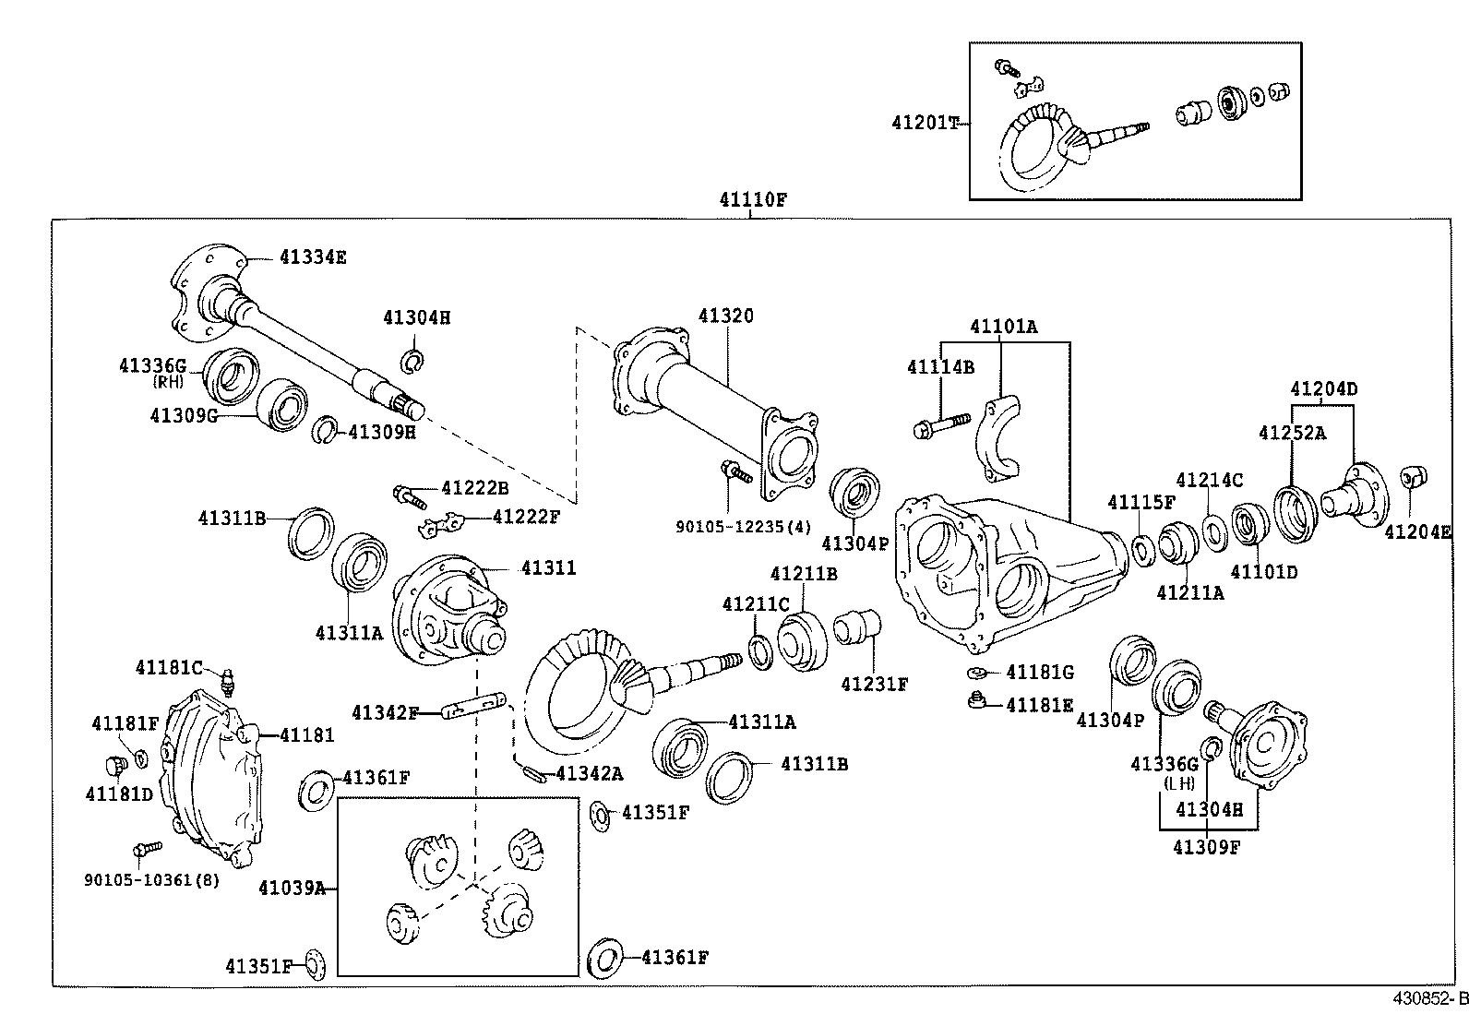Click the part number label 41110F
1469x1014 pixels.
tap(753, 198)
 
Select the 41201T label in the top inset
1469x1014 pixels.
tap(926, 122)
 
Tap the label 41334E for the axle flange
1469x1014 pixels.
tap(313, 257)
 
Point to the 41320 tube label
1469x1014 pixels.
tap(725, 316)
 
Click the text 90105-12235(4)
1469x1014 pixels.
tap(744, 527)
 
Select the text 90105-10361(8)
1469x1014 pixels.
tap(152, 879)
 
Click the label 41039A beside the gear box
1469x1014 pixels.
tap(292, 888)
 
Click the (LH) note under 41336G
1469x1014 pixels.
tap(1178, 783)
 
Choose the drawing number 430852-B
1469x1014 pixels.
tap(1430, 999)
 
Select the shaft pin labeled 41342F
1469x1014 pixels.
tap(471, 711)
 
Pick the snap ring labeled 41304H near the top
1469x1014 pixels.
tap(412, 360)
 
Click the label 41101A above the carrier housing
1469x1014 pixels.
tap(1003, 327)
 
